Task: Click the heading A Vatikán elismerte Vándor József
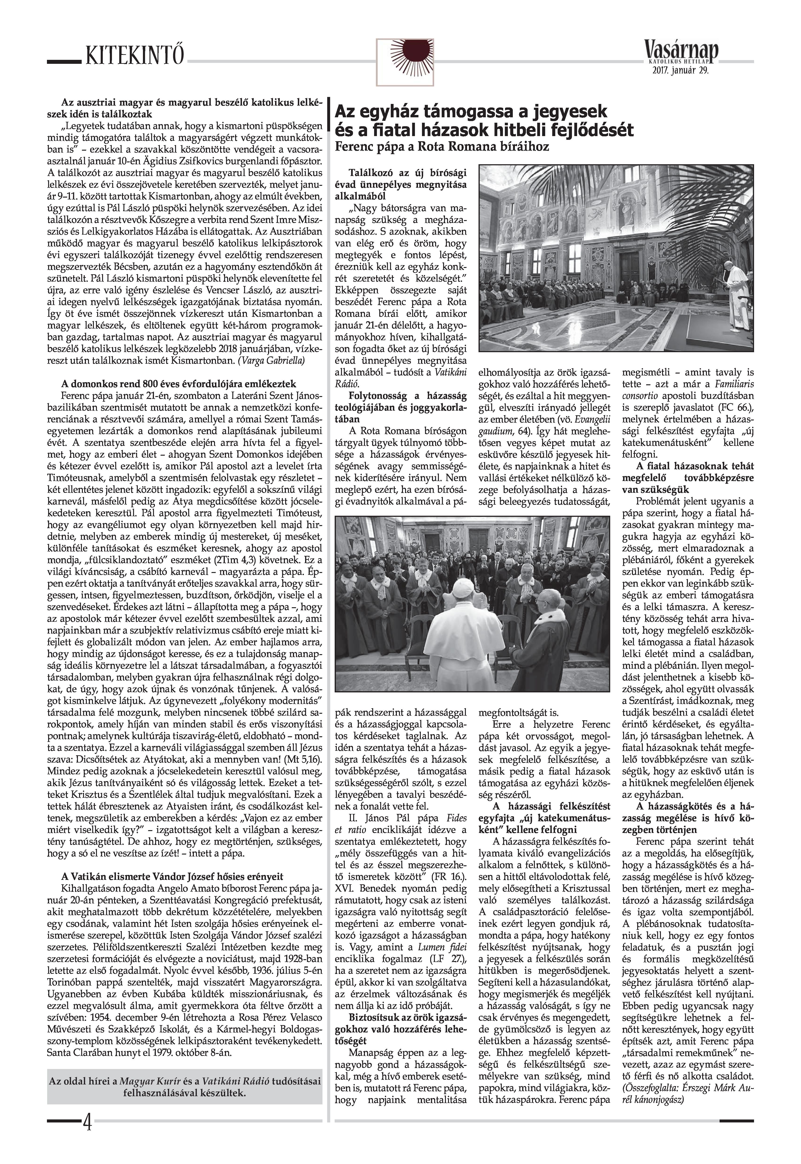point(172,877)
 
